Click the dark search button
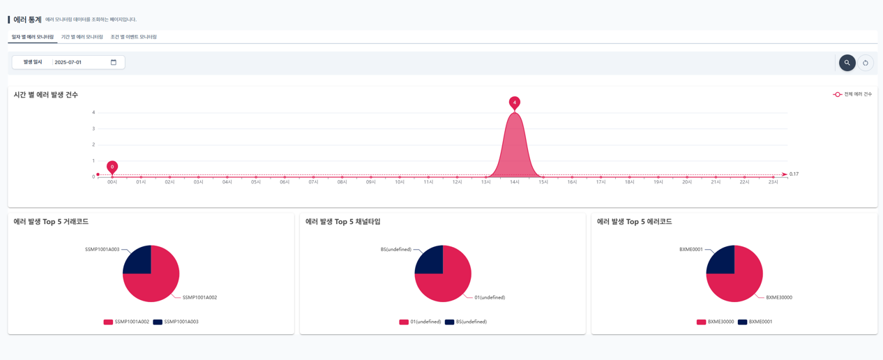847,63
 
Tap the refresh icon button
866,63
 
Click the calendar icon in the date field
114,62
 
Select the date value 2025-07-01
68,62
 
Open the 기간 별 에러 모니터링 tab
82,37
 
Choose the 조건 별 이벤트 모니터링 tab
133,37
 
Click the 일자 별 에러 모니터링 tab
32,37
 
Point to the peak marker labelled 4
515,103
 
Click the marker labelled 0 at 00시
112,167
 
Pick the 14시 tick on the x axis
515,182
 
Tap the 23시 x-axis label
773,182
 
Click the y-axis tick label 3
93,128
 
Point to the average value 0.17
794,174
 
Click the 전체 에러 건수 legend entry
852,94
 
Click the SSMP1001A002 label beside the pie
199,298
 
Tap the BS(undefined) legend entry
466,322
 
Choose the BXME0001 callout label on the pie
690,250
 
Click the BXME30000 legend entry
716,322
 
